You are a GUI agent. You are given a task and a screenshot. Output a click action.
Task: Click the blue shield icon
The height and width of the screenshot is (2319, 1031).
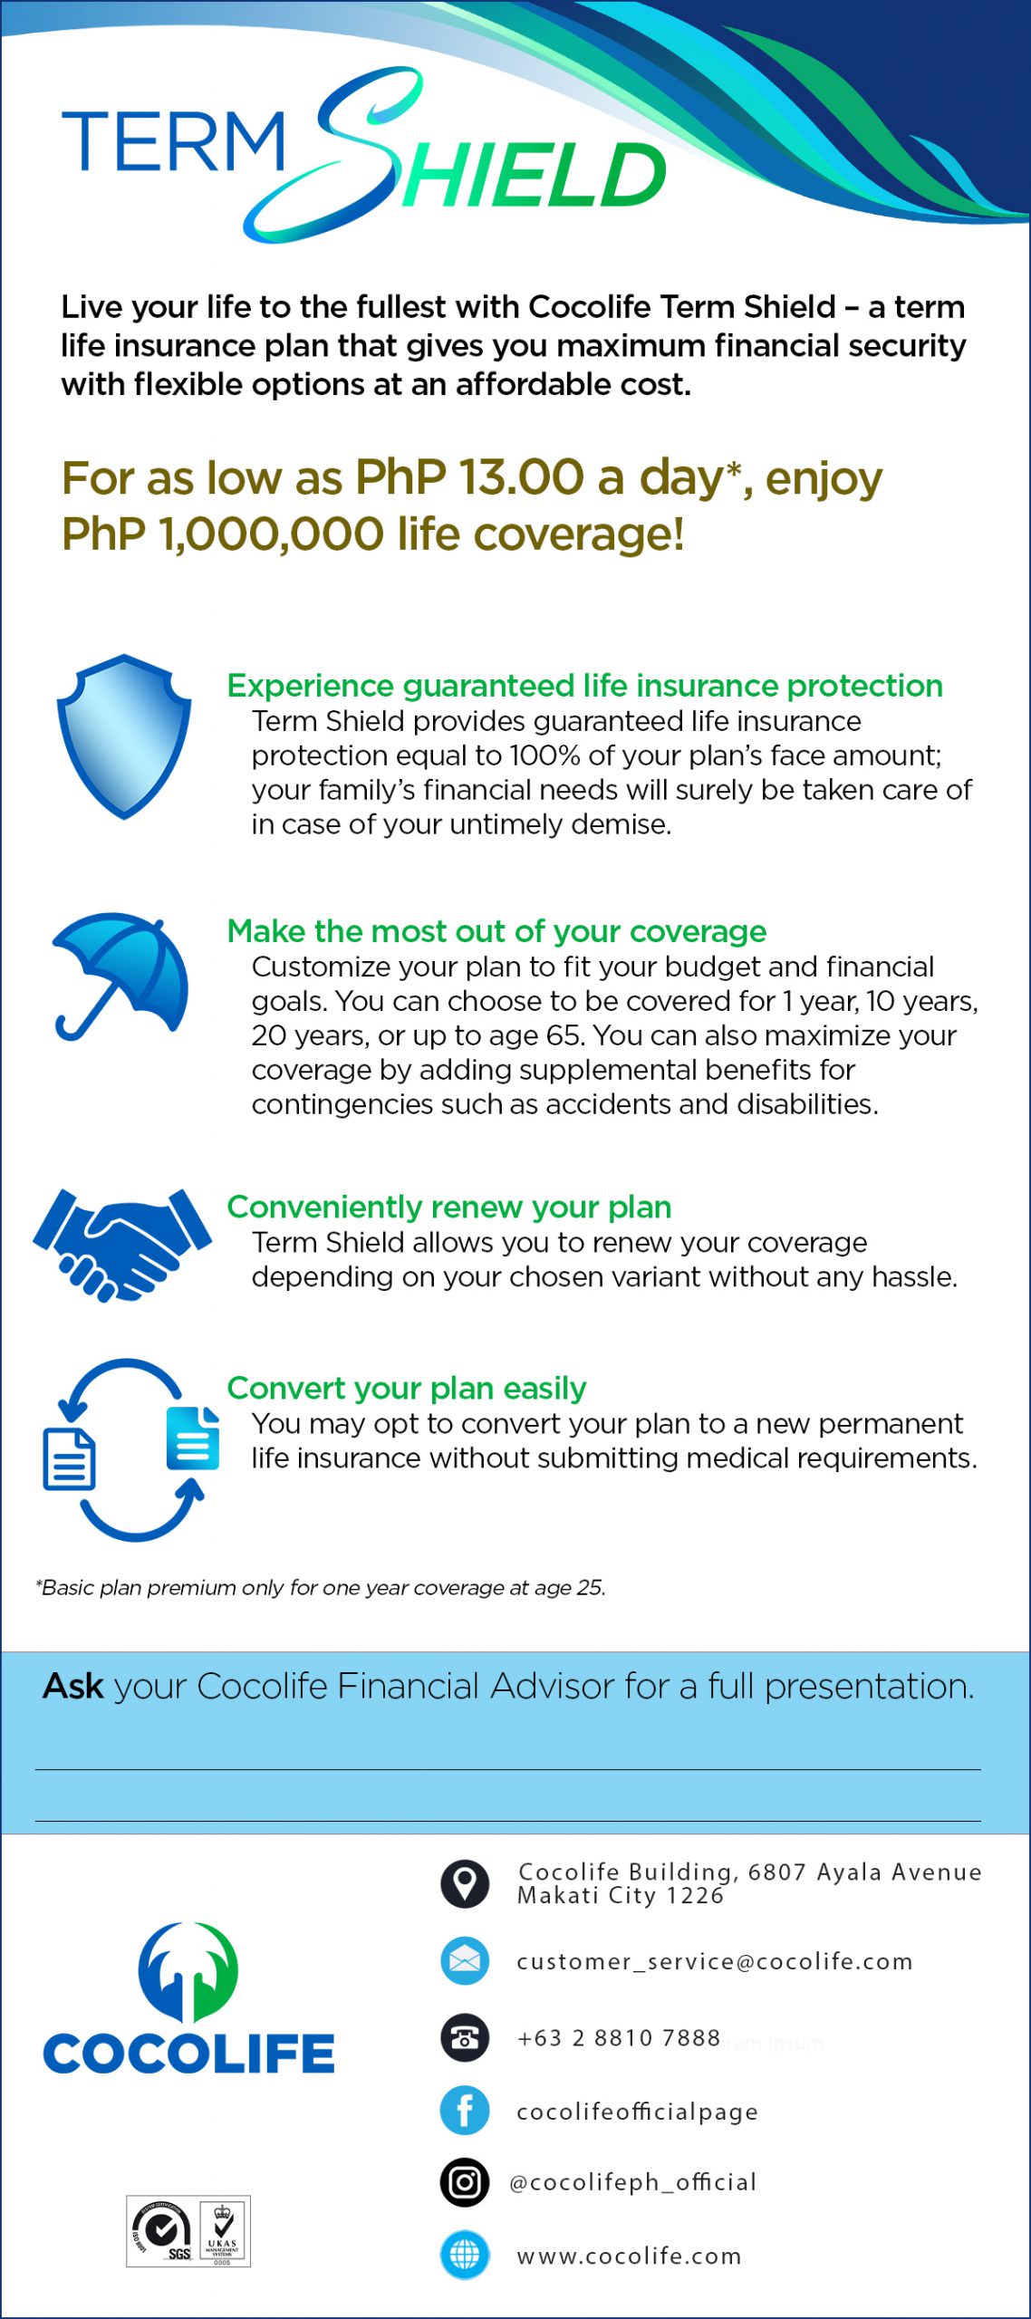click(124, 736)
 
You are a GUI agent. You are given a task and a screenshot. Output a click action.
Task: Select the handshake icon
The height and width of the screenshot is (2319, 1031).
click(122, 1243)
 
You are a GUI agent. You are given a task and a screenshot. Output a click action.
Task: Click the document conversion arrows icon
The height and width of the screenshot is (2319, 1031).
click(132, 1448)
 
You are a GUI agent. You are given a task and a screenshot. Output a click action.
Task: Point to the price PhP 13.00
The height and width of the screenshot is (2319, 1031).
click(470, 477)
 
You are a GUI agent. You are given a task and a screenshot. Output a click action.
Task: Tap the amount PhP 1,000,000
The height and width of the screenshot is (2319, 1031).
click(223, 534)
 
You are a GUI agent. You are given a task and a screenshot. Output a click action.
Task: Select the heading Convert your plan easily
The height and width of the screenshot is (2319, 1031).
click(406, 1388)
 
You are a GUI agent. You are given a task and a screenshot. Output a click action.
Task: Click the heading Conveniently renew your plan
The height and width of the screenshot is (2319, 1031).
click(448, 1207)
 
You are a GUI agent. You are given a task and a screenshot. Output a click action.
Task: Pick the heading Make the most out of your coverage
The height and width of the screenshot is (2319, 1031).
click(496, 931)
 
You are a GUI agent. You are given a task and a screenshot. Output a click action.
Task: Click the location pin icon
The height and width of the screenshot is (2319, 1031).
click(465, 1883)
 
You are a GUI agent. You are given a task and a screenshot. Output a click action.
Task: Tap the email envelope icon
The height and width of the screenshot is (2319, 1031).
click(465, 1961)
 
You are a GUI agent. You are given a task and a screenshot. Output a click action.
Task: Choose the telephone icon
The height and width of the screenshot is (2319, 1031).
click(465, 2037)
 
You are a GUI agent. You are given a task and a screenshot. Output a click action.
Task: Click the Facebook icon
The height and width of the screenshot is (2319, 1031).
click(465, 2110)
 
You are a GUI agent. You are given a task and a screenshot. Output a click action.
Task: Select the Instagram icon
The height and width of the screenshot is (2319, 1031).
click(465, 2182)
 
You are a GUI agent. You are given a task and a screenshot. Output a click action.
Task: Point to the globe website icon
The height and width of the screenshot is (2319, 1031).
click(465, 2255)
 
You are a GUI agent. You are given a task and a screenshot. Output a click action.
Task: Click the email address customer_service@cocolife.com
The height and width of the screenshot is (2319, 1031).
click(714, 1961)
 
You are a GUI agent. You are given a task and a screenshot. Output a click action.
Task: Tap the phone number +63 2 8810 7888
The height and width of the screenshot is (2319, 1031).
click(618, 2038)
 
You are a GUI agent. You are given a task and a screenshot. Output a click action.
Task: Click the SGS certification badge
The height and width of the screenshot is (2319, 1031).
click(163, 2231)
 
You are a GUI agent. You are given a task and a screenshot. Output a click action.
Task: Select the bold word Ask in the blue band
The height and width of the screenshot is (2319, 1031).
click(73, 1687)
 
